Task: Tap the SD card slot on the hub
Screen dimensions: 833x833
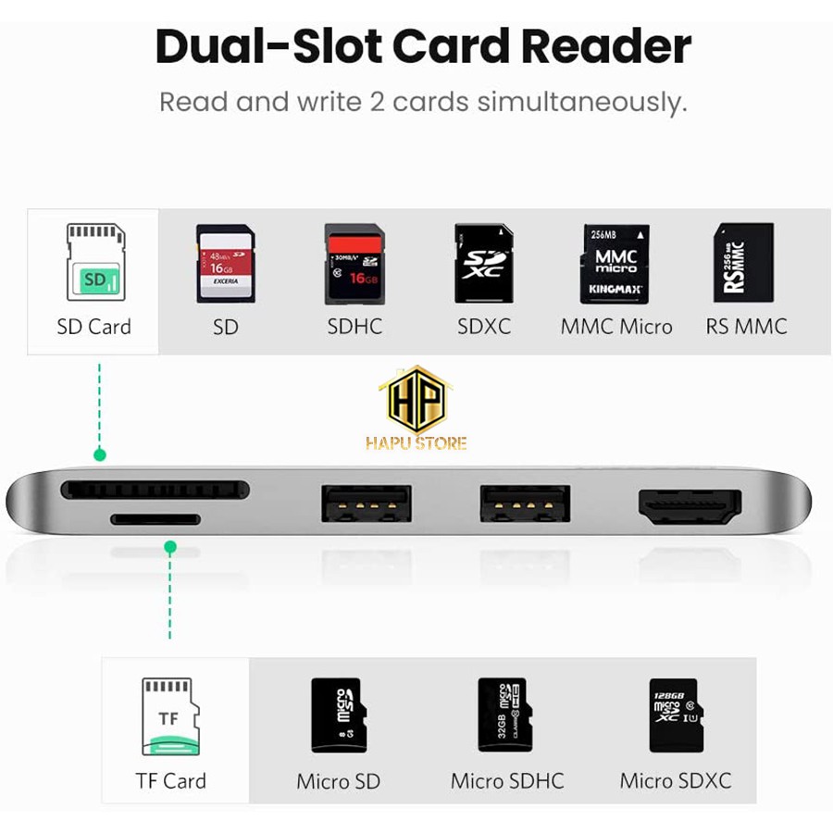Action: (155, 489)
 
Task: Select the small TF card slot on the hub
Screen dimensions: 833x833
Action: (155, 519)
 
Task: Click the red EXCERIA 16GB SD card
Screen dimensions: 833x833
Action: (225, 263)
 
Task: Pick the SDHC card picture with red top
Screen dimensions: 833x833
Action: (354, 263)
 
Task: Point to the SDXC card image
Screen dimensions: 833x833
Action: (483, 263)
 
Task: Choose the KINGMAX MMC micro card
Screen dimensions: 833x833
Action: (615, 263)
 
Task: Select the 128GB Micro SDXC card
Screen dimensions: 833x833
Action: (674, 715)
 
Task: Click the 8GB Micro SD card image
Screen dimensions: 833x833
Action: (338, 715)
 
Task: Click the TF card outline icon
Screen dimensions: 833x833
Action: (169, 716)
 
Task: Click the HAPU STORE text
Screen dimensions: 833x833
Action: (416, 443)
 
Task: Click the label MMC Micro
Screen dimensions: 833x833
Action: (616, 327)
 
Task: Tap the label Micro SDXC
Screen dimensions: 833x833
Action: (675, 780)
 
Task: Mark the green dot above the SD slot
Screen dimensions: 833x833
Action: (100, 454)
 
